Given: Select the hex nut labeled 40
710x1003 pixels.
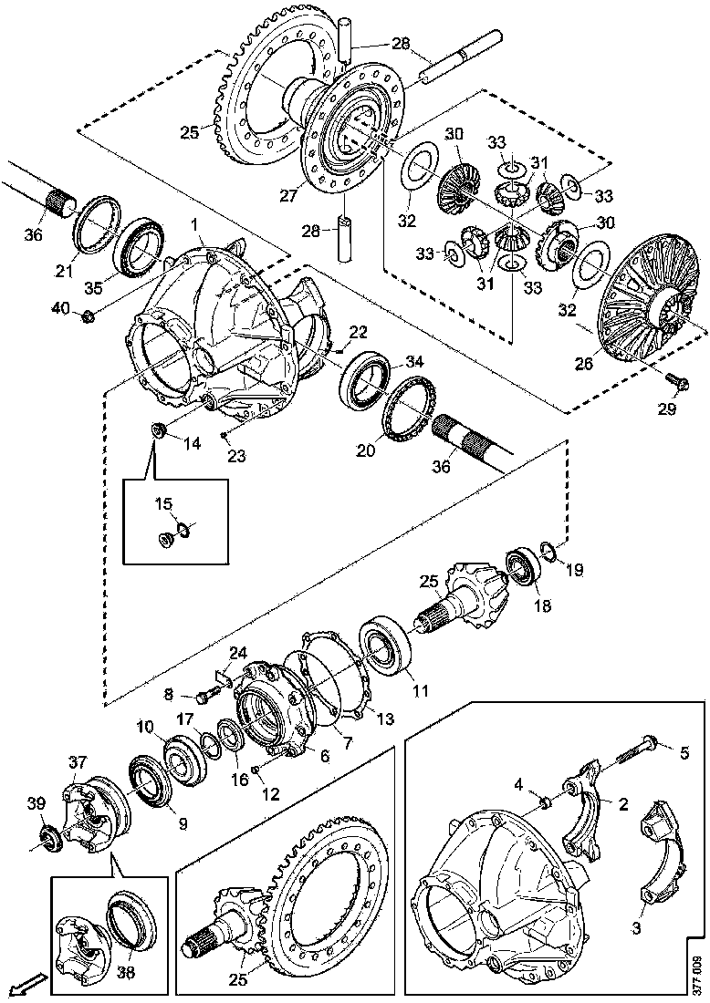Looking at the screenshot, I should pos(88,316).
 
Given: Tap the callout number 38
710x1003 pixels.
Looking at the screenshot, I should pos(125,972).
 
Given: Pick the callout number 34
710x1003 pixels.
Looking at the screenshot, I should pos(414,363).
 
